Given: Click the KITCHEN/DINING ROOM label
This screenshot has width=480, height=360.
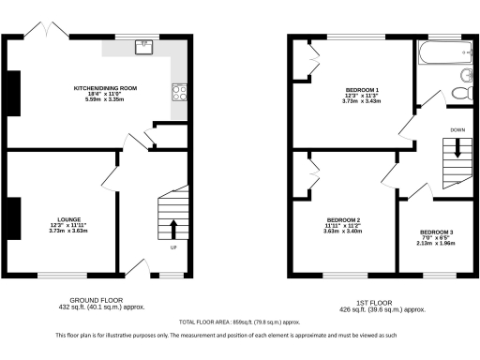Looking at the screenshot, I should point(106,88).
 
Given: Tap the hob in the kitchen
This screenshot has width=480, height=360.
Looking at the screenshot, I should point(178,92).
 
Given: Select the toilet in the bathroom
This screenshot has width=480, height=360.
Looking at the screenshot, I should point(459,93).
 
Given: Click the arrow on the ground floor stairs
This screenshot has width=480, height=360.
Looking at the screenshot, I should point(173,227).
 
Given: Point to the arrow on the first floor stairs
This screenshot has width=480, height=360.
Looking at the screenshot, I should point(458,148).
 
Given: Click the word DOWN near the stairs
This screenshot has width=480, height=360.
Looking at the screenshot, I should point(457,129).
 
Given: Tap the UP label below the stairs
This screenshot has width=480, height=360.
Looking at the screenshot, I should point(173,248).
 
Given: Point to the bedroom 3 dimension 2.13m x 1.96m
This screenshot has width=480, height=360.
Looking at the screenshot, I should point(437,244).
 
